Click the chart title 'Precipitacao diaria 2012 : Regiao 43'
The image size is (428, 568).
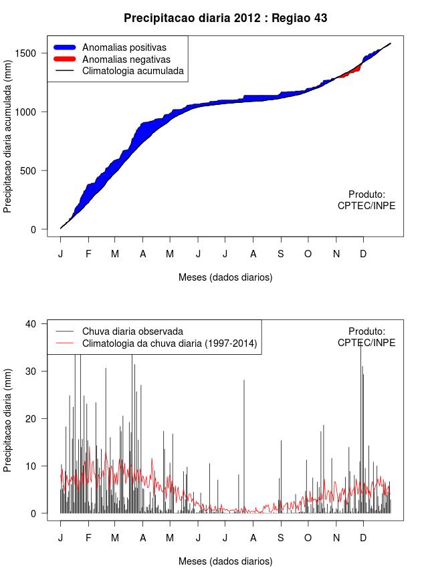225,18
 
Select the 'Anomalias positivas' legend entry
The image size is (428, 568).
124,47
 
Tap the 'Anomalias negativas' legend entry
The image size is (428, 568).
126,59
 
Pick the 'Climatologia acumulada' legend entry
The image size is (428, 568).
132,71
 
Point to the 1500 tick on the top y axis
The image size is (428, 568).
33,53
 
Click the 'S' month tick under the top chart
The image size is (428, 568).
281,254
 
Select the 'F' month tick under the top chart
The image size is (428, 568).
88,254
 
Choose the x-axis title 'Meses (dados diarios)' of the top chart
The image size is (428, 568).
225,277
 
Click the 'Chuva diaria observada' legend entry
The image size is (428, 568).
132,331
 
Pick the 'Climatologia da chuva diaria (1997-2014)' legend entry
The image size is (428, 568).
170,343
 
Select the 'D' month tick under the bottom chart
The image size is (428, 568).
363,538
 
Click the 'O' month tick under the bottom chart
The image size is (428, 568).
308,538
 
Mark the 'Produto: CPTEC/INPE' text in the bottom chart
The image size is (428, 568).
366,337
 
